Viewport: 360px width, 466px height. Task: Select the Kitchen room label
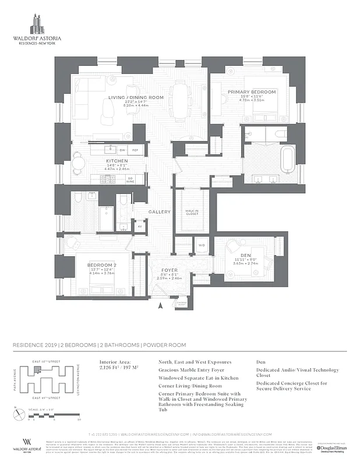pos(117,161)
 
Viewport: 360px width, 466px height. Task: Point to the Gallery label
pos(159,211)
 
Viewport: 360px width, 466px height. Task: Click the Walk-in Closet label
pos(192,213)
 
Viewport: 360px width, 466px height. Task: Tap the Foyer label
pos(169,270)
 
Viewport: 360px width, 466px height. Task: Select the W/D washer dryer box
pos(202,245)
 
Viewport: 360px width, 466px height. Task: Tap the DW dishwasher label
pos(122,150)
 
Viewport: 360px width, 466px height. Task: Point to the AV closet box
pos(139,226)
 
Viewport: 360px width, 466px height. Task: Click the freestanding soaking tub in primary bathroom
pos(288,159)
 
